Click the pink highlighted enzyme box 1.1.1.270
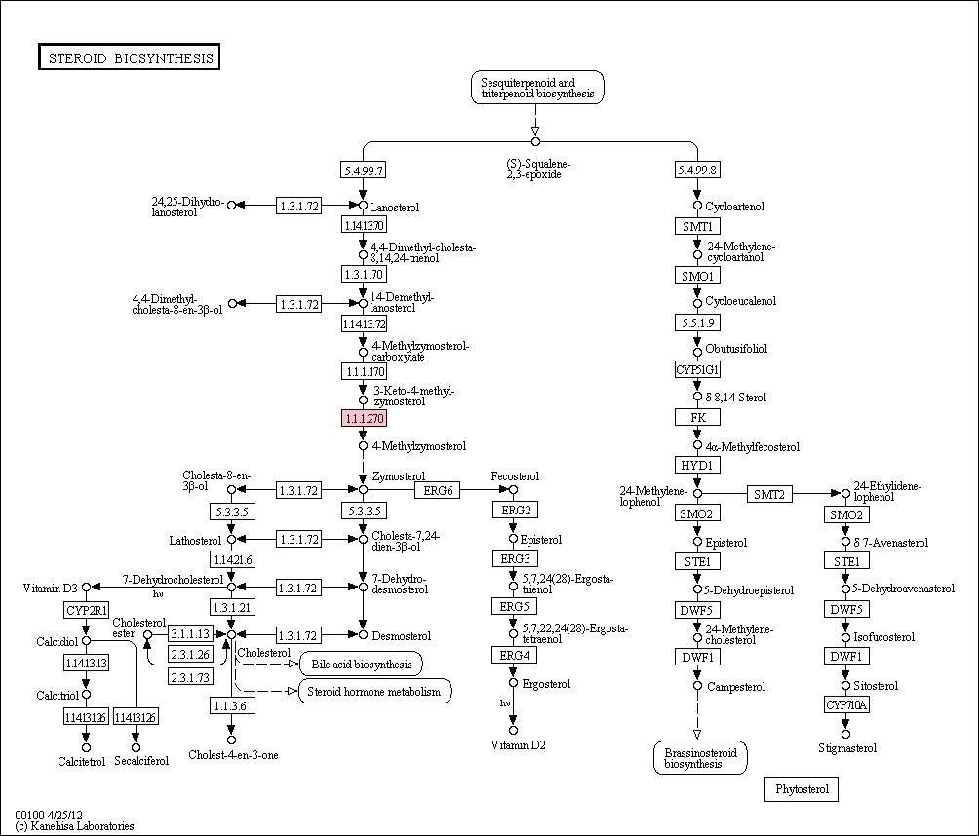[364, 418]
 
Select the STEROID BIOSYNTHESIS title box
[130, 57]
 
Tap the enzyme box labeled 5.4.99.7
[363, 170]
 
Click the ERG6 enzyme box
[438, 490]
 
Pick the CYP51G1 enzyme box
[697, 369]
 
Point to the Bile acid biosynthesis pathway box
[362, 664]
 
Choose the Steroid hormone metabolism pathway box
[374, 691]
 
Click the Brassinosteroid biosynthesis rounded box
[700, 758]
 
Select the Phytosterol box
[802, 788]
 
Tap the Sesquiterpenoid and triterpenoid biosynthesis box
[537, 88]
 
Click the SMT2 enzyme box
[769, 494]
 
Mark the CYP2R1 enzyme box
[86, 610]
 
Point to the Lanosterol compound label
[395, 208]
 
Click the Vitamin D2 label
[518, 745]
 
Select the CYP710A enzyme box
[846, 705]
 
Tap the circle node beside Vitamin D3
[87, 588]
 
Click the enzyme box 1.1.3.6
[232, 705]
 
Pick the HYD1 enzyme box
[697, 465]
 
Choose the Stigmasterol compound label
[847, 748]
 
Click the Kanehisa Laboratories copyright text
[74, 826]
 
